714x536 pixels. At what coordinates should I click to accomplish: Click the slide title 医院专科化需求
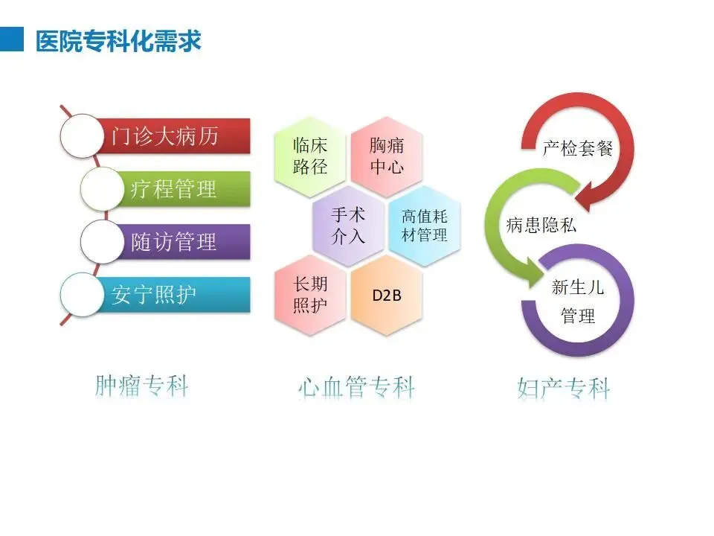119,39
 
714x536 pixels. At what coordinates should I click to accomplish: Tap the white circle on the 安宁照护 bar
80,295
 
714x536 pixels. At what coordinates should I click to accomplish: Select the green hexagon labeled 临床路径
310,155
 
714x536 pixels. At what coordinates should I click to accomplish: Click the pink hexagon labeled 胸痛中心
387,155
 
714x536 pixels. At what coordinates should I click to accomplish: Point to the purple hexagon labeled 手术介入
348,225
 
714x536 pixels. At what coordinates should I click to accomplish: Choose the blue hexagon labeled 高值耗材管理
425,225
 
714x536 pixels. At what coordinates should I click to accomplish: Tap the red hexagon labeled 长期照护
310,294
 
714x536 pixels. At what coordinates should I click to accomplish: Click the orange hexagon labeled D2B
387,295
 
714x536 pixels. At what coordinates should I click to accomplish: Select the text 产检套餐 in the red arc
577,148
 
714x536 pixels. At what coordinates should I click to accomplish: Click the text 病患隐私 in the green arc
541,225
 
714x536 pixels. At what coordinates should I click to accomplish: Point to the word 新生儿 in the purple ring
578,287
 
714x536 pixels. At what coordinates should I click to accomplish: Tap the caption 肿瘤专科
142,386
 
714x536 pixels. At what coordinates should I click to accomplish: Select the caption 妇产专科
563,388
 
